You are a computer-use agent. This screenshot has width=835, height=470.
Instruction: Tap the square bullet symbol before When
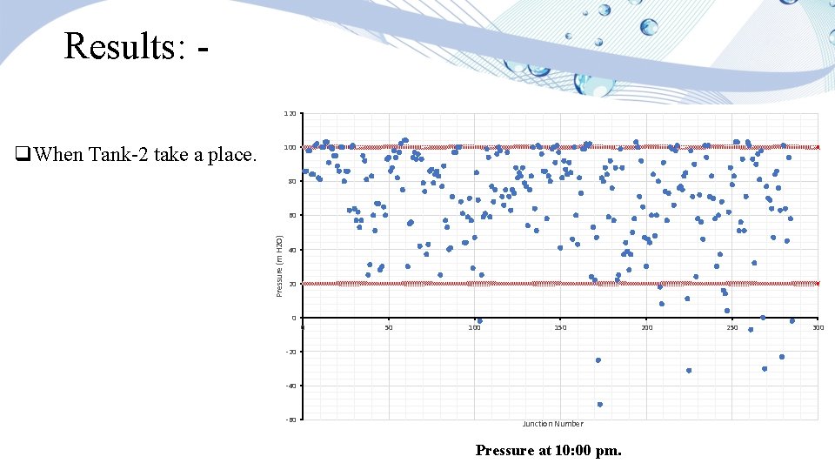[21, 157]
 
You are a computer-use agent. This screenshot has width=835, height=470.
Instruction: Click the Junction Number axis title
[552, 424]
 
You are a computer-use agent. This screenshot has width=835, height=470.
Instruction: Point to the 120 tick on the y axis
[291, 114]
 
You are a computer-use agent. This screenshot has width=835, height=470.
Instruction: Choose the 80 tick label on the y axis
[291, 182]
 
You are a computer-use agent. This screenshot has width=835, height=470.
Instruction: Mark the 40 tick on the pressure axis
[291, 250]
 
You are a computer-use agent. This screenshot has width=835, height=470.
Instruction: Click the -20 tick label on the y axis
[290, 352]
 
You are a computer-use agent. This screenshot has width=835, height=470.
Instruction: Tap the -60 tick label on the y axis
[290, 420]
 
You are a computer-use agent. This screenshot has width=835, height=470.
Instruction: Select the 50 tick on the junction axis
[389, 328]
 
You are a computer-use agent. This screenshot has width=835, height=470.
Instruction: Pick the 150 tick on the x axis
[560, 328]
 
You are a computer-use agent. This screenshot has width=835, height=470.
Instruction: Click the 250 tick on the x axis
[732, 328]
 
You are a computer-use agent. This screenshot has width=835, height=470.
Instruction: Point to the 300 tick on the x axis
[818, 328]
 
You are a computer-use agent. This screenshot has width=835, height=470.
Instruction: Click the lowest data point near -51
[600, 405]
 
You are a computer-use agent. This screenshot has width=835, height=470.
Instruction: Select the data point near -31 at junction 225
[689, 371]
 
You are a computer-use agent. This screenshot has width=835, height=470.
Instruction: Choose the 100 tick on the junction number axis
[474, 328]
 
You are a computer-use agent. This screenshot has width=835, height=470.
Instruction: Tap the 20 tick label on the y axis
[291, 284]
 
